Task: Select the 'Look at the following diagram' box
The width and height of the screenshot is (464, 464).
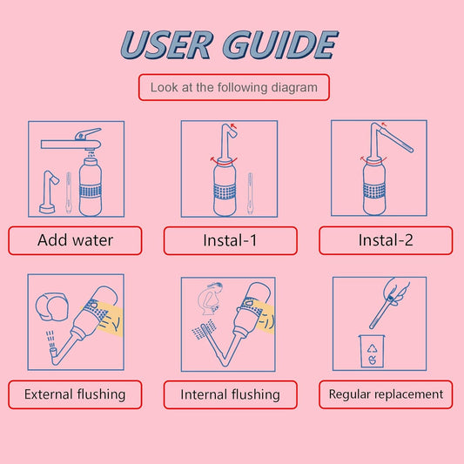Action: click(233, 87)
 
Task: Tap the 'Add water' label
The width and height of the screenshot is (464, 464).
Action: click(75, 240)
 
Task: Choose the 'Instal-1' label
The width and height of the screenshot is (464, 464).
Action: click(230, 240)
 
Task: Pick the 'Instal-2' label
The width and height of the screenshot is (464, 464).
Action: click(385, 240)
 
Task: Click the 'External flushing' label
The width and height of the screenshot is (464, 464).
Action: click(75, 394)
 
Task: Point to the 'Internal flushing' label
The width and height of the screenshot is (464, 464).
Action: click(230, 394)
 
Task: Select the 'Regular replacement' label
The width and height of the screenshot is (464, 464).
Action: click(385, 394)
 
